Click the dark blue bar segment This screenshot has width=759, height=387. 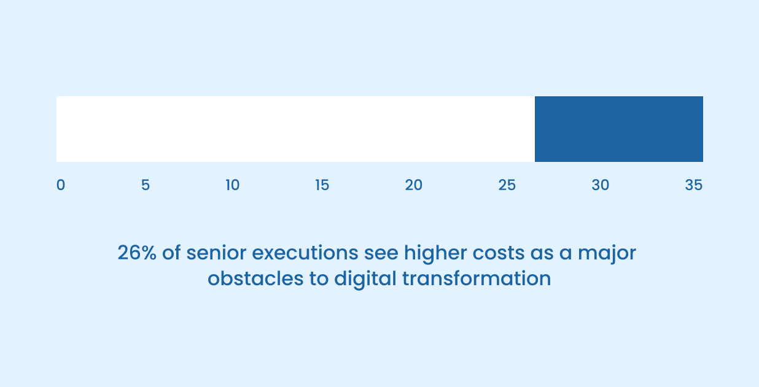(x=618, y=129)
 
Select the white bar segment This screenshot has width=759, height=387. (x=295, y=129)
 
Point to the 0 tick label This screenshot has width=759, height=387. (x=60, y=185)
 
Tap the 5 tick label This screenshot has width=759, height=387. (x=146, y=185)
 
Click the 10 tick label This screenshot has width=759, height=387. (x=232, y=185)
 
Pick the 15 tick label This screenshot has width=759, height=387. (x=322, y=185)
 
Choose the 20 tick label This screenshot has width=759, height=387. (x=413, y=185)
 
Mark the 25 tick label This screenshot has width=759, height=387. (x=507, y=185)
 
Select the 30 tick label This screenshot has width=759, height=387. (x=600, y=185)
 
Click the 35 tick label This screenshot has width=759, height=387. (x=693, y=185)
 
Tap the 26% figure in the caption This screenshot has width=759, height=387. (x=137, y=253)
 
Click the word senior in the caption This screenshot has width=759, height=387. (x=215, y=253)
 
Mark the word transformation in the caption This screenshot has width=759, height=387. (x=477, y=278)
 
